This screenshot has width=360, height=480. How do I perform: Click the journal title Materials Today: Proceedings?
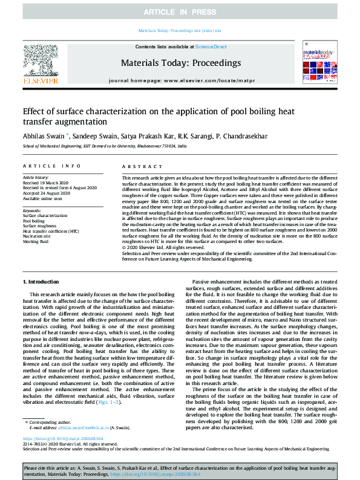tap(180, 62)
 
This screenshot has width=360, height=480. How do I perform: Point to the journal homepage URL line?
tap(180, 80)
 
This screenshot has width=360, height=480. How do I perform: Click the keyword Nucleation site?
tap(38, 236)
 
